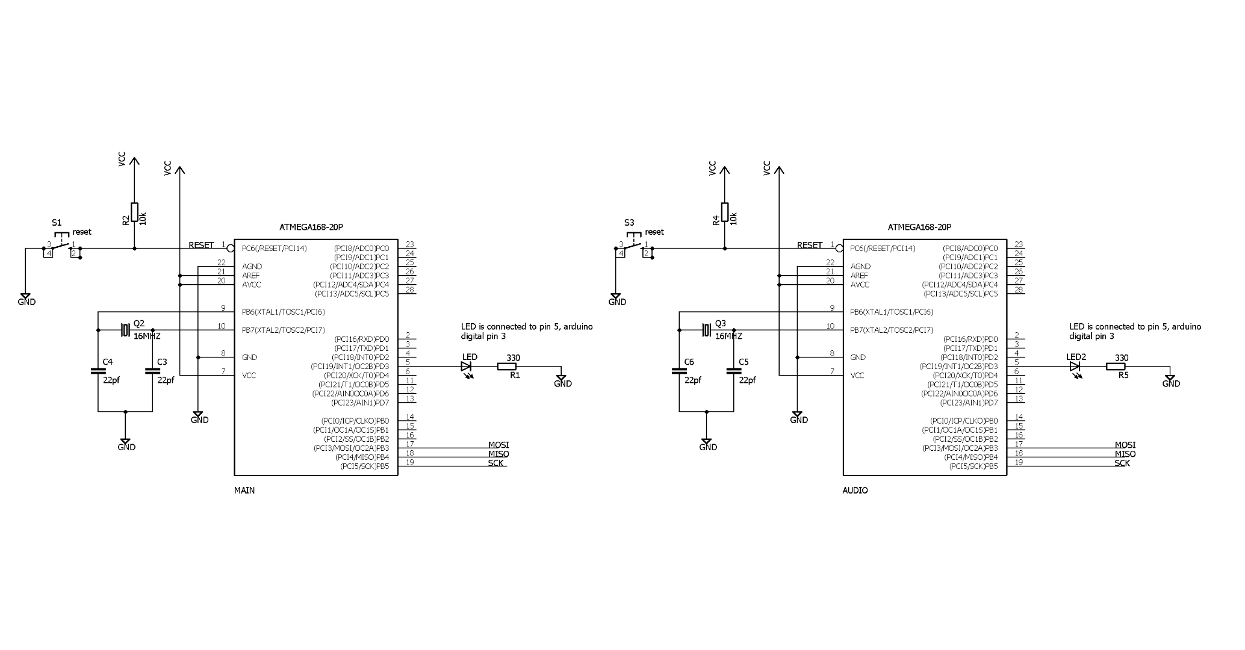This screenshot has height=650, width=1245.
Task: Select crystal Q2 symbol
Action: (125, 330)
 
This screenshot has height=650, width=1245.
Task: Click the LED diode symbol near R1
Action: (467, 367)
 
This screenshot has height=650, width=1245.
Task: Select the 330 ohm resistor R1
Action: (507, 367)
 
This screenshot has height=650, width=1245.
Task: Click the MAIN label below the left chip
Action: (244, 491)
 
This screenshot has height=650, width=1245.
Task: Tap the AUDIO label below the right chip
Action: (855, 491)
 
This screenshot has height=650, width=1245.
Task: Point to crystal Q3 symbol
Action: (706, 330)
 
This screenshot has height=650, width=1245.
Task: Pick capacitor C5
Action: (734, 371)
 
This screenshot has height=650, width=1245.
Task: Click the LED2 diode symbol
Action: (1075, 367)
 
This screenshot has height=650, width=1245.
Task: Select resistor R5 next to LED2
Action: (1116, 367)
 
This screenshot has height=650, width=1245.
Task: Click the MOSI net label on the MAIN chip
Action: (498, 445)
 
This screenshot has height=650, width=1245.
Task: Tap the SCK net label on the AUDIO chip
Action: (1122, 463)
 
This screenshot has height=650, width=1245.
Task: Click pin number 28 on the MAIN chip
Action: (410, 289)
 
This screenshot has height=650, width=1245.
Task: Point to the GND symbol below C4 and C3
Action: (126, 443)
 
